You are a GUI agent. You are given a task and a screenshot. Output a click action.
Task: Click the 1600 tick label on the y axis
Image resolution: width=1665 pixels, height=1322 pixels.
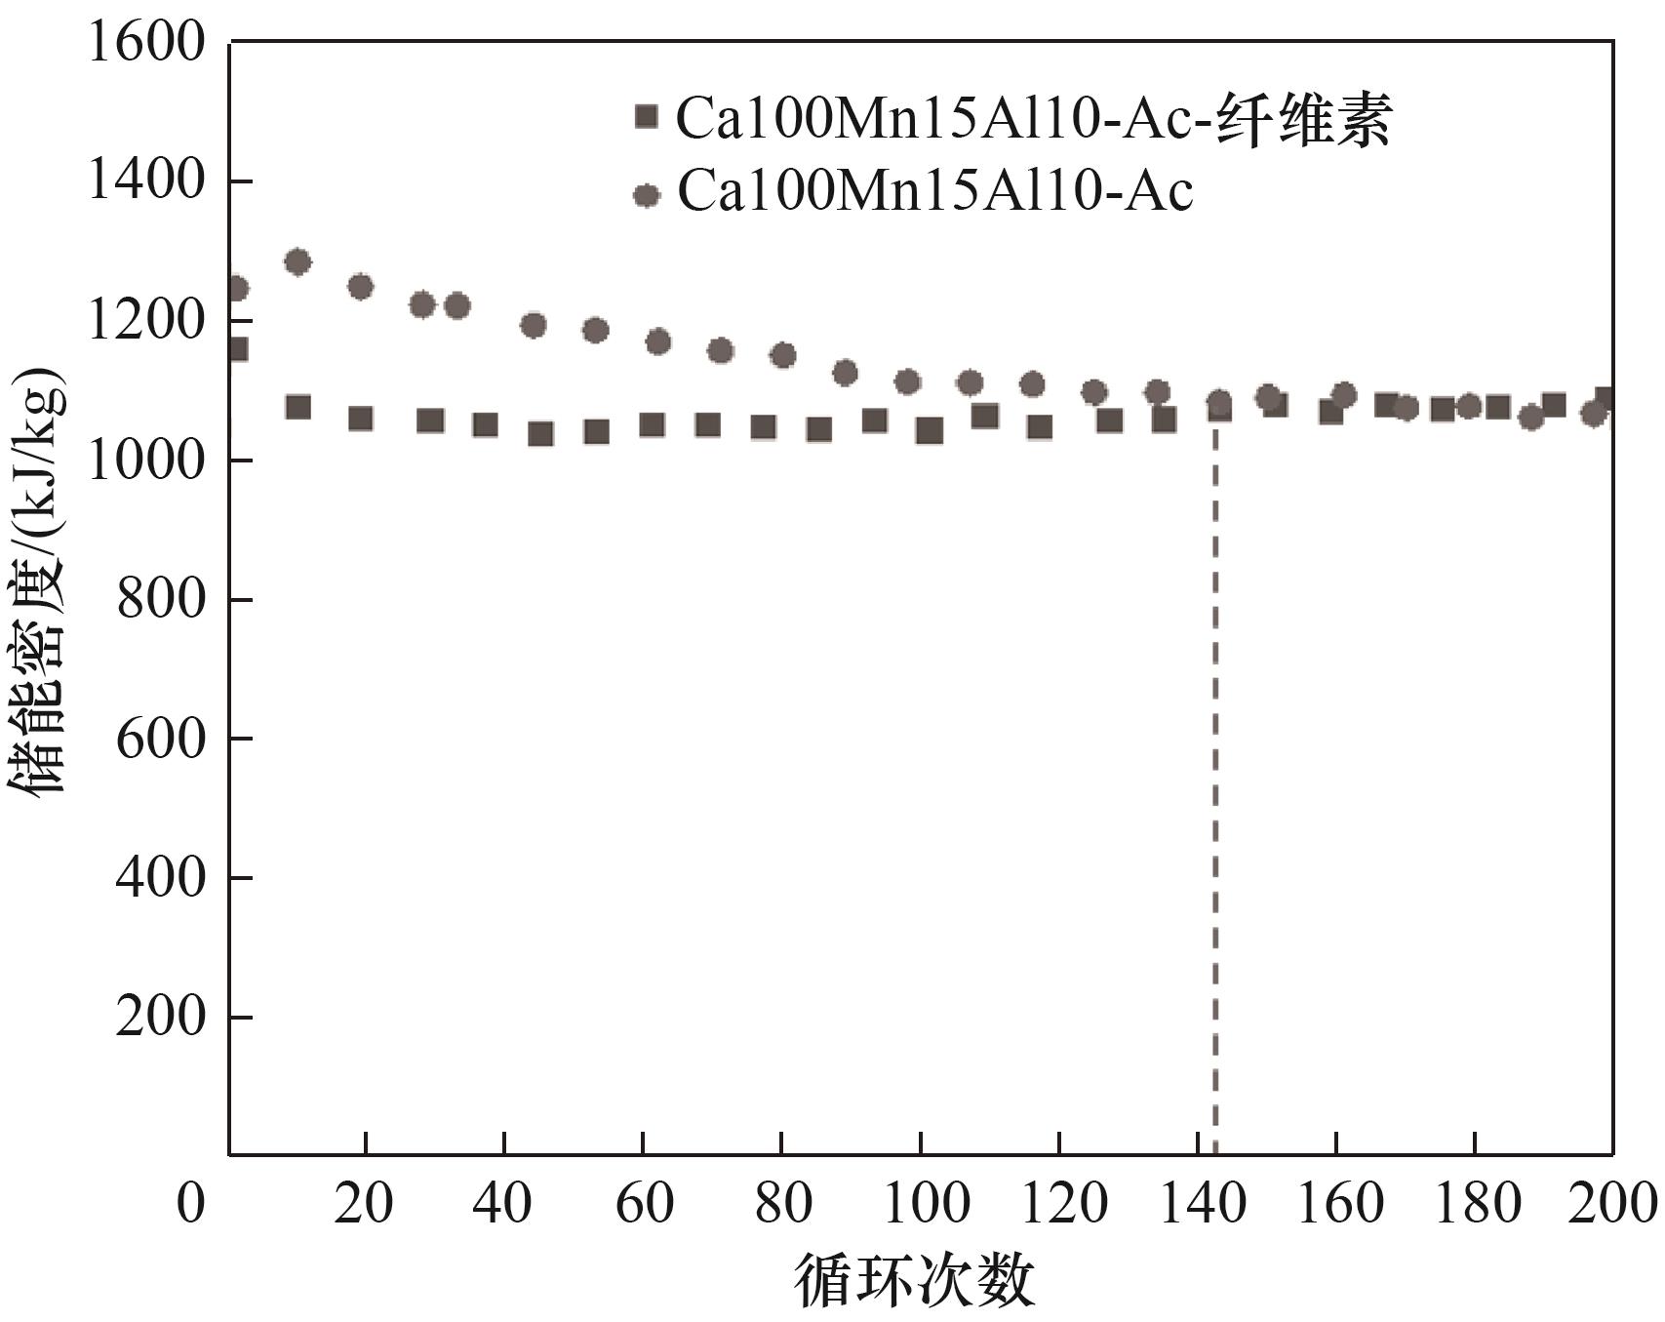pos(146,43)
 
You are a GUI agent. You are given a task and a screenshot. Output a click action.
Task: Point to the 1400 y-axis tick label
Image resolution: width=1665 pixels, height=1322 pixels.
pos(146,181)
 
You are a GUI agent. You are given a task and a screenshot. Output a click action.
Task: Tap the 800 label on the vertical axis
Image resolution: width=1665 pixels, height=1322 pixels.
pos(161,599)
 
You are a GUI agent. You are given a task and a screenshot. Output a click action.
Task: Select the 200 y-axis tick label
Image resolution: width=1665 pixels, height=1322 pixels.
pos(161,1017)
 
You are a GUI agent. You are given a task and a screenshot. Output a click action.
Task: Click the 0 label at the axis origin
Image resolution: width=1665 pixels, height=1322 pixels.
pos(191,1203)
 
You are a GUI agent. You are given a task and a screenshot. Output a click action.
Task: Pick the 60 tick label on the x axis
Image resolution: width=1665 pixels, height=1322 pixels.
pos(644,1203)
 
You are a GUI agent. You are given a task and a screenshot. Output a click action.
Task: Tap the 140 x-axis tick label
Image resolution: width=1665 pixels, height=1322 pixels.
pos(1199,1203)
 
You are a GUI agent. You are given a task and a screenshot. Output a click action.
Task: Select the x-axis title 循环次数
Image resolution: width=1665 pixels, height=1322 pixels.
pos(914,1280)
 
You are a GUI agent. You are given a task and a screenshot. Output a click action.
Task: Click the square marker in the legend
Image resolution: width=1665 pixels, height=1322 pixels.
pos(646,117)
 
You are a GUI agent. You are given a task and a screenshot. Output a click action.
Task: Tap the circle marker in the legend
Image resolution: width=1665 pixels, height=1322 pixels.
pos(646,195)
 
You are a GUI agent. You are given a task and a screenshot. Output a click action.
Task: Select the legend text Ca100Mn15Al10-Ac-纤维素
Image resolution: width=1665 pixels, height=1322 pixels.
pos(1033,119)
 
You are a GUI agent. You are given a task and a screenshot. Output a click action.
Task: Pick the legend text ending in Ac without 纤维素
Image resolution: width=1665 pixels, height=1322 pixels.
pos(934,191)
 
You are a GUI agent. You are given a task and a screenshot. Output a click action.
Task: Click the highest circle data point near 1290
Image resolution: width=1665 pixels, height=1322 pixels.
pos(297,261)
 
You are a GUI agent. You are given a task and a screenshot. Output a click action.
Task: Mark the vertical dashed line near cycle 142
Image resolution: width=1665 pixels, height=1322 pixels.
pos(1215,781)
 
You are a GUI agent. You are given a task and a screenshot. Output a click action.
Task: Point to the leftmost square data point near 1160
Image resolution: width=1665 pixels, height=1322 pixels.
pos(236,349)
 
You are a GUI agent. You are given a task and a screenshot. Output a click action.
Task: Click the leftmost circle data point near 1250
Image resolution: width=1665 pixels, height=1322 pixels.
pos(236,288)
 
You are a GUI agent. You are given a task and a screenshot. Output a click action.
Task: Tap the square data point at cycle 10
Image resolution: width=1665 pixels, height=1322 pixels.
pos(297,407)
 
